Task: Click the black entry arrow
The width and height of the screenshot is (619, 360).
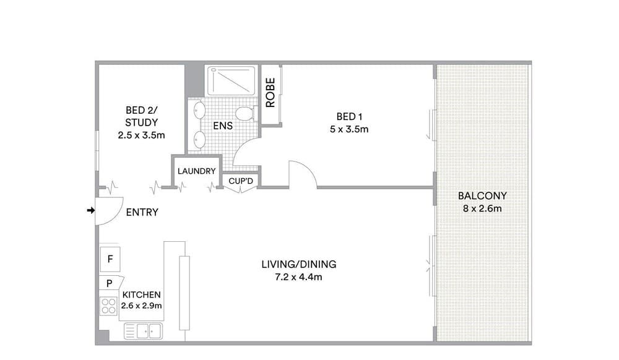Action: pos(91,210)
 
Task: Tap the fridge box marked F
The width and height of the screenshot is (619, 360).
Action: pos(110,259)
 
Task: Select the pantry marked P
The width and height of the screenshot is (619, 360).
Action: pos(111,283)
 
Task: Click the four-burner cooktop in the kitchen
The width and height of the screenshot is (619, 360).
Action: pos(108,306)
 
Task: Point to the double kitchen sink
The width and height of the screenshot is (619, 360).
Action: pos(144,331)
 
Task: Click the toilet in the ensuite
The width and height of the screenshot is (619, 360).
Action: pos(245,114)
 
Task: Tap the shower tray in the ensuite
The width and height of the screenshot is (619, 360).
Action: pos(232,81)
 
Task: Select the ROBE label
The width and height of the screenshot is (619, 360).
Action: pos(271,93)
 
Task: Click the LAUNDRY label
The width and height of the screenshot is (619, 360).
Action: pos(197,171)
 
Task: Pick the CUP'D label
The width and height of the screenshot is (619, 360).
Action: pos(241,181)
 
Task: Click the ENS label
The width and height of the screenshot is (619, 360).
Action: pos(223,126)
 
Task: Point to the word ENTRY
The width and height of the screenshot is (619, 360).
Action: pos(142,213)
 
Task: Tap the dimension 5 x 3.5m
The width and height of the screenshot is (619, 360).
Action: pos(349,129)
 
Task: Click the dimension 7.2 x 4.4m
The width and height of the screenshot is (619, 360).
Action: pos(298,277)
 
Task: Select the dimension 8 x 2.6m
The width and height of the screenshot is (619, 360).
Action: pos(482,208)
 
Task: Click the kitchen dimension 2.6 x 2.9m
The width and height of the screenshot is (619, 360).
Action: pos(141,306)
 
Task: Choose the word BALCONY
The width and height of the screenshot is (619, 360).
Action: pos(482,196)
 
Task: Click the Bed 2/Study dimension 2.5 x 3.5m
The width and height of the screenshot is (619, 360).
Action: pos(141,135)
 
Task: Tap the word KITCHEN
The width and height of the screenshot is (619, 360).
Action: pos(141,295)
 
